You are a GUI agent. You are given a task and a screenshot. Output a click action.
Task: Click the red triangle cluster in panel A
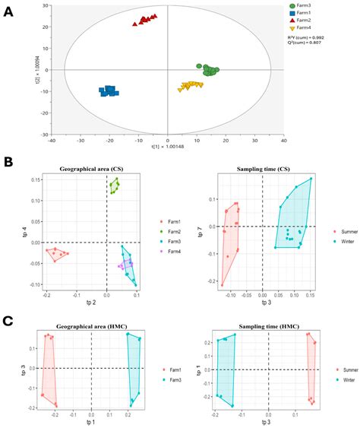[x=144, y=19]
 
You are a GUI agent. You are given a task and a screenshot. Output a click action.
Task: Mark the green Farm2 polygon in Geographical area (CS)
[x=115, y=185]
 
